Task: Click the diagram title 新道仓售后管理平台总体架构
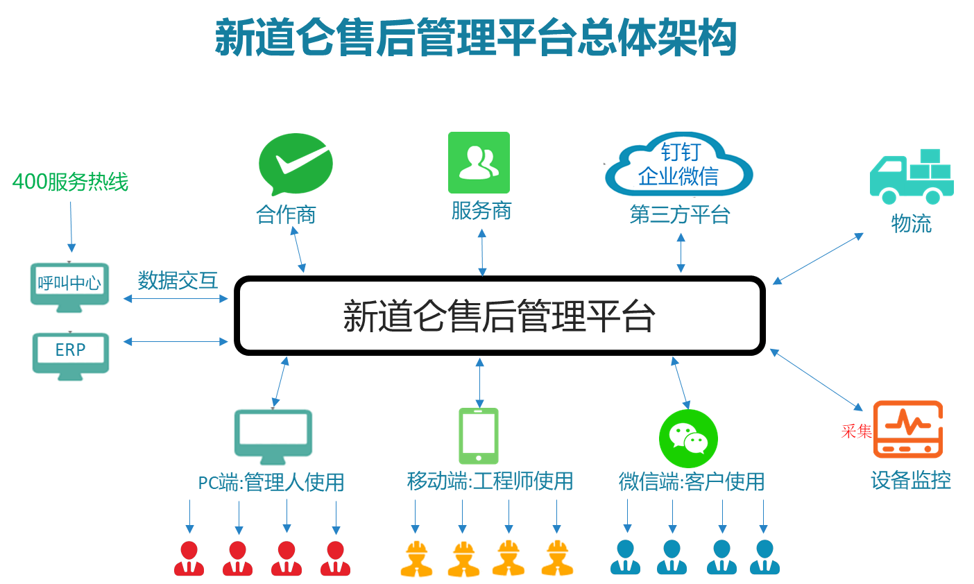(x=476, y=37)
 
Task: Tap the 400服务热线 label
(x=71, y=182)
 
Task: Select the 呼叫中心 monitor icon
(x=69, y=287)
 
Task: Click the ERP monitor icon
(x=71, y=356)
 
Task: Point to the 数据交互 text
(x=178, y=281)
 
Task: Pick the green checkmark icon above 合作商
(x=296, y=164)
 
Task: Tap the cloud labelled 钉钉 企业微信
(x=678, y=164)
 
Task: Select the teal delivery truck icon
(x=912, y=178)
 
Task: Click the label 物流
(x=912, y=223)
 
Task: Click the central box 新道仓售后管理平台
(x=499, y=316)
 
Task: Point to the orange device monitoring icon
(x=908, y=429)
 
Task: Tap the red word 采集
(x=856, y=431)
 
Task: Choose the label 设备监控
(x=911, y=480)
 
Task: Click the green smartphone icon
(x=479, y=436)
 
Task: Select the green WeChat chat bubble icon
(x=688, y=438)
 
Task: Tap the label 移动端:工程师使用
(x=490, y=481)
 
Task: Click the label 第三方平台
(x=680, y=214)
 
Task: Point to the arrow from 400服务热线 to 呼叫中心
(x=71, y=226)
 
